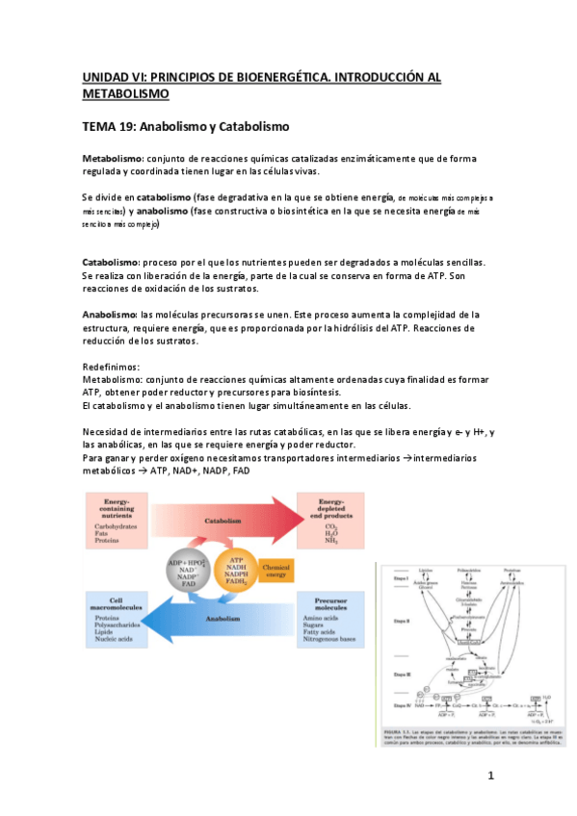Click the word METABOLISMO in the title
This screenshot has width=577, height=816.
click(x=125, y=93)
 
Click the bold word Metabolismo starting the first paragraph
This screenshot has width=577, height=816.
click(x=112, y=158)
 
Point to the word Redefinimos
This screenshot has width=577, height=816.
click(x=112, y=367)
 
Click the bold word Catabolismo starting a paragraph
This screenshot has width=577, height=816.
click(x=111, y=262)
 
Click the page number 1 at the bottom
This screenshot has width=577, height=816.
click(x=490, y=775)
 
